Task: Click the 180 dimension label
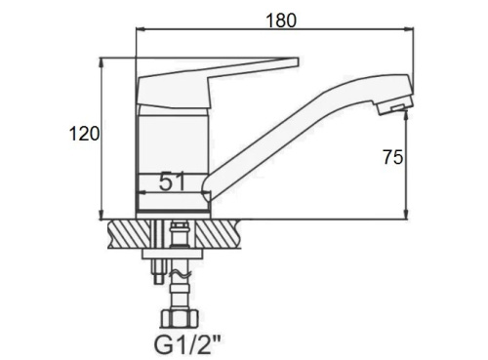tap(281, 20)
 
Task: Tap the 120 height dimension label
tap(84, 134)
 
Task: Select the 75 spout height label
tap(392, 157)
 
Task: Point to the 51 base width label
tap(172, 181)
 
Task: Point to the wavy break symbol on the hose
tap(180, 275)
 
